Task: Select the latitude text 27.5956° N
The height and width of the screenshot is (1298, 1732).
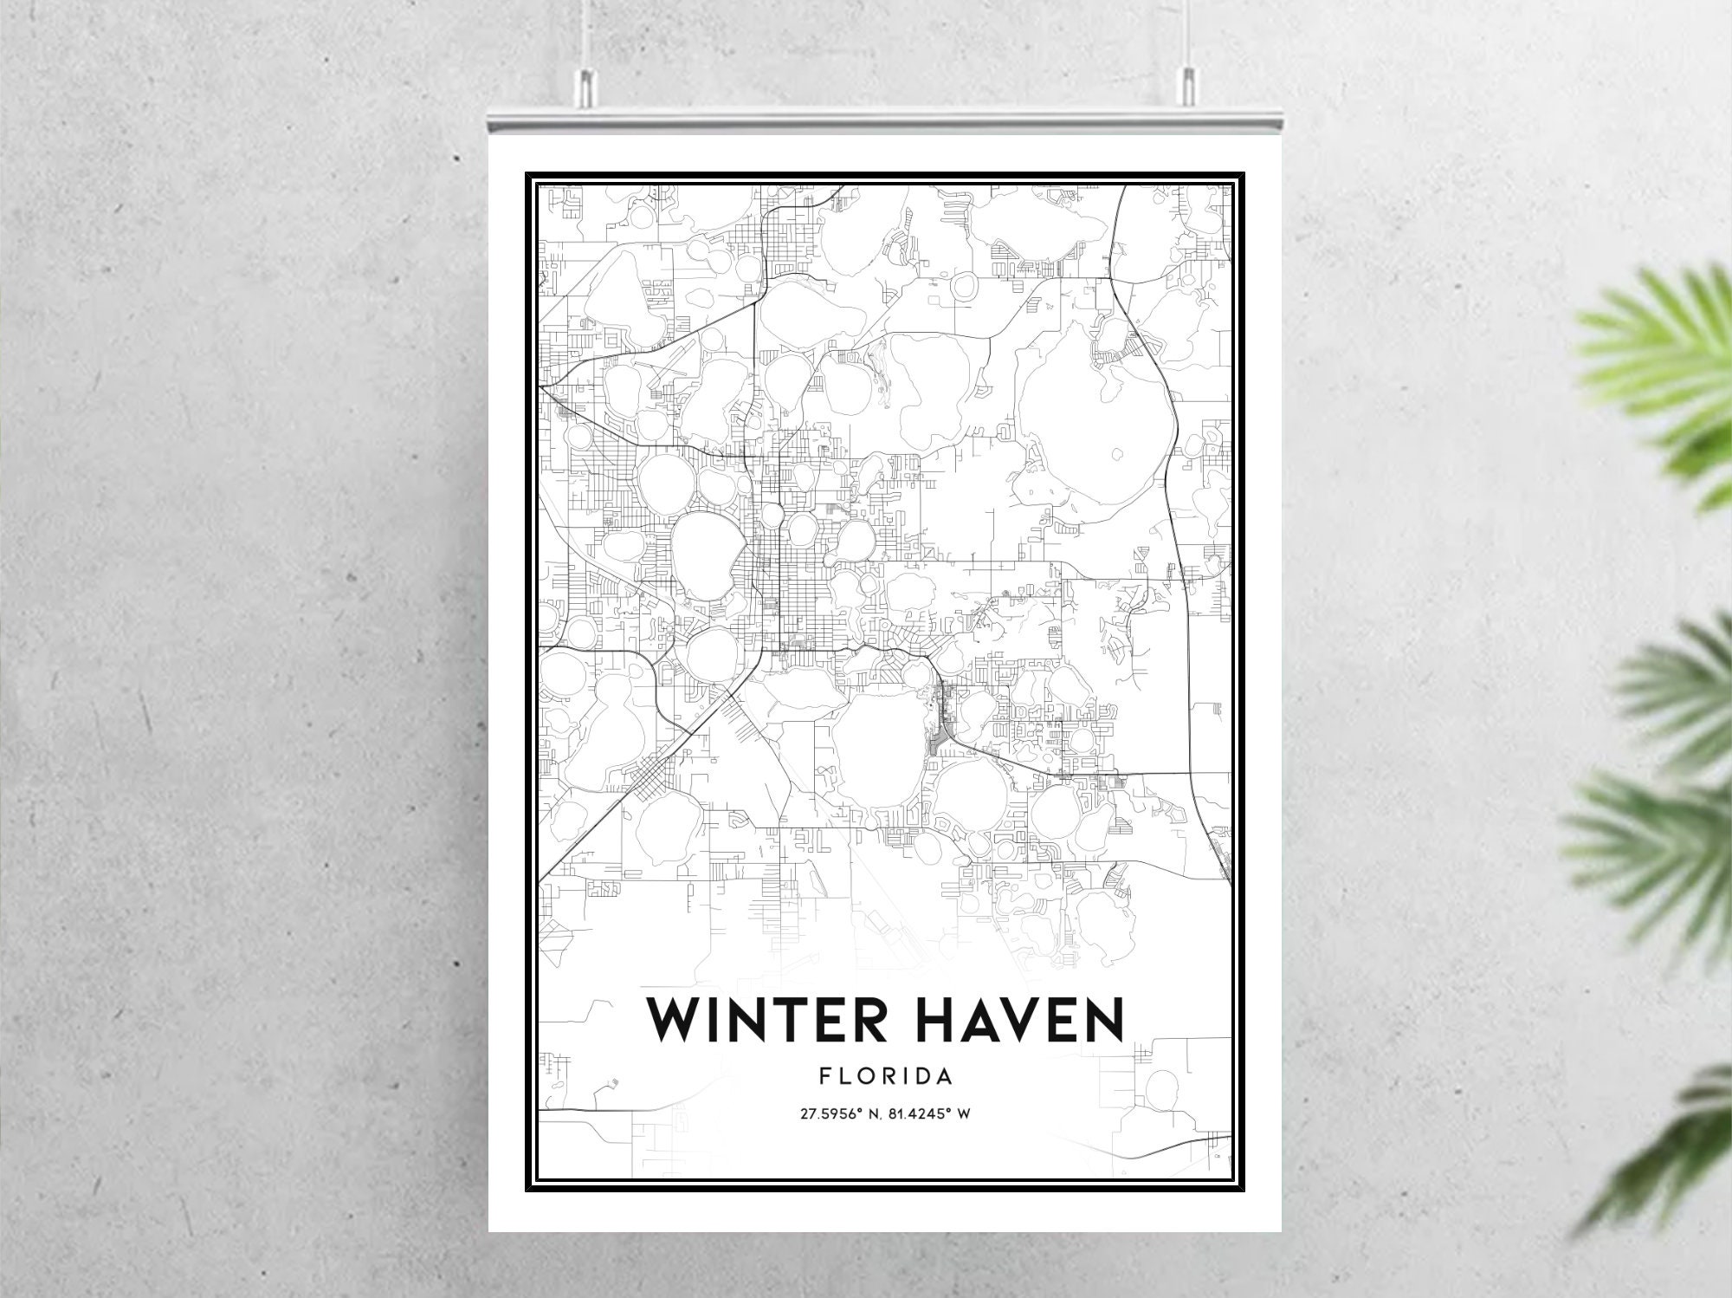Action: click(837, 1113)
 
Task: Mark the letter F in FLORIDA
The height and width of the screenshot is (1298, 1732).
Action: click(824, 1077)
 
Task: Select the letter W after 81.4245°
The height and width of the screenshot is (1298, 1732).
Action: click(963, 1113)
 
